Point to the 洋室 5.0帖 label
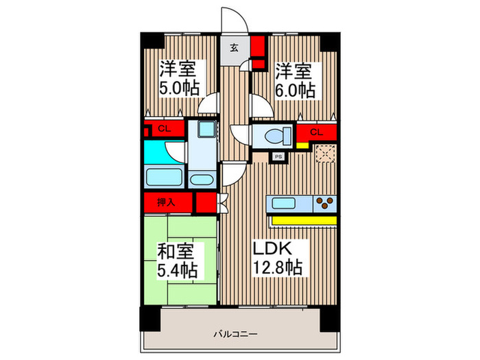(x=180, y=79)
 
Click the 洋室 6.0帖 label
(x=295, y=80)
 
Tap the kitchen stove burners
(x=324, y=203)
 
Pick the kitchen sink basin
(x=284, y=203)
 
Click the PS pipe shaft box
(x=279, y=156)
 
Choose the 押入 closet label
(x=166, y=203)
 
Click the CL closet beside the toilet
(x=316, y=132)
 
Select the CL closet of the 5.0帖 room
(x=165, y=129)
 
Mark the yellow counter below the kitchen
(x=303, y=220)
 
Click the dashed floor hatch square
(x=325, y=154)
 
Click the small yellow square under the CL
(x=302, y=145)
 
